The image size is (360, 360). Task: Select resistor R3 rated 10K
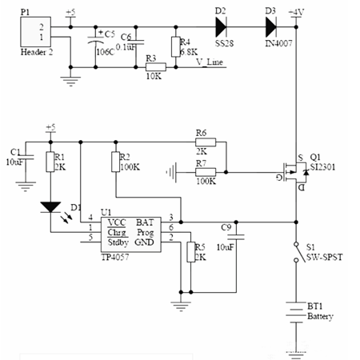click(156, 66)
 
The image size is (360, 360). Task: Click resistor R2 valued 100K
click(116, 162)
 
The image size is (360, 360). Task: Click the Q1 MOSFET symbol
click(292, 170)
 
